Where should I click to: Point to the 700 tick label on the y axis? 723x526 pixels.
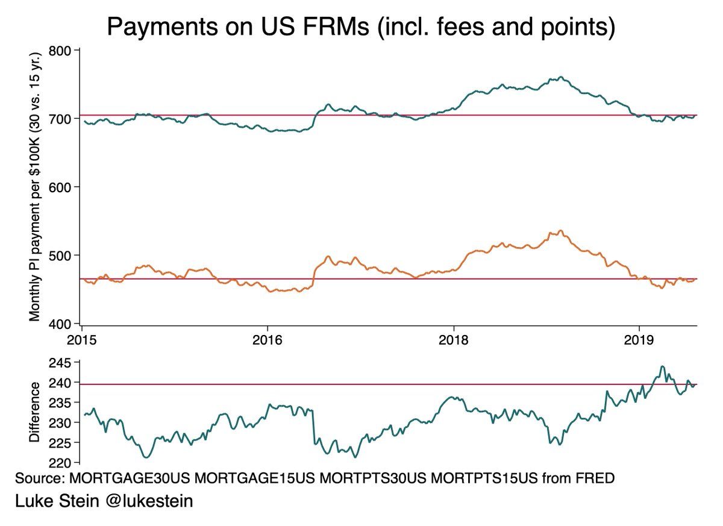coord(61,119)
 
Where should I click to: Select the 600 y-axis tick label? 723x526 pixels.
coord(61,187)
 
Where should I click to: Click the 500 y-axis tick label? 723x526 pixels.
coord(61,255)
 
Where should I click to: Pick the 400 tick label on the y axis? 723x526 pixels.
coord(61,324)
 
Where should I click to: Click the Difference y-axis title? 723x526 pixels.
coord(36,413)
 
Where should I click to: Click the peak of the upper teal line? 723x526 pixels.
coord(561,77)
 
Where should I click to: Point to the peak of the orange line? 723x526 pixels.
coord(560,231)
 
